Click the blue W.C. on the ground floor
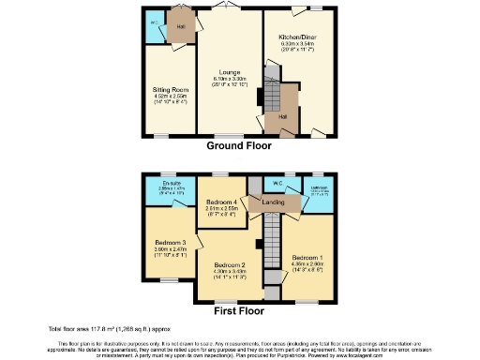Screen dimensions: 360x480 [153, 21]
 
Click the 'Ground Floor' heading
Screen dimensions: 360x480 [239, 146]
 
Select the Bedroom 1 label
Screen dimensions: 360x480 [307, 257]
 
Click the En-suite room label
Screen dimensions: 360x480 [171, 184]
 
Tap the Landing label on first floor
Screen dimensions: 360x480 [274, 202]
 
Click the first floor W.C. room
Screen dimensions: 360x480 [278, 184]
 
